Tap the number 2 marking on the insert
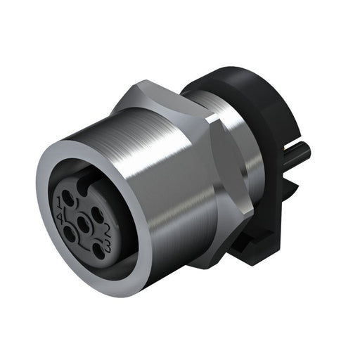tap(108, 231)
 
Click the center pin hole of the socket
tap(84, 224)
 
